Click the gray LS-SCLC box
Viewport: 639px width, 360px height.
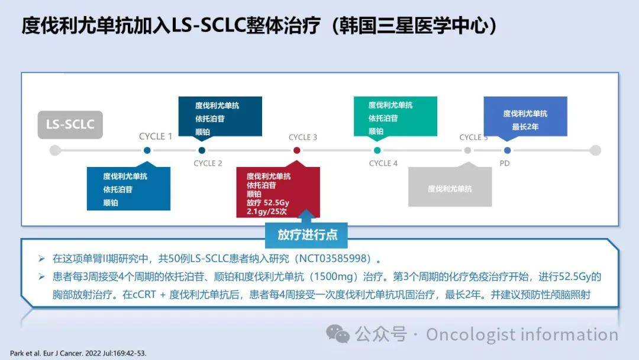tap(70, 125)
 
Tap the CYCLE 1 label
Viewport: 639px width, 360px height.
tap(155, 137)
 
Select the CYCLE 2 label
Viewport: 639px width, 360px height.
tap(208, 163)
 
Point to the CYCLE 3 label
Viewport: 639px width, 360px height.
tap(303, 137)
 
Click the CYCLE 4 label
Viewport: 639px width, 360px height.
tap(383, 163)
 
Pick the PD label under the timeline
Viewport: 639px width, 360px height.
tap(505, 163)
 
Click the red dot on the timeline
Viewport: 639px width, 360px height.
tap(296, 150)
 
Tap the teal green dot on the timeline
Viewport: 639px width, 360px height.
tap(377, 150)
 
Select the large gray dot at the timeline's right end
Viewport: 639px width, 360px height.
tap(595, 150)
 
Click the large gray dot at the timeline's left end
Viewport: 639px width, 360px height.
tap(55, 150)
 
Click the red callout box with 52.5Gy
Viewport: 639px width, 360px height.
tap(278, 192)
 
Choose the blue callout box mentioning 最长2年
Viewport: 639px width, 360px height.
tap(525, 117)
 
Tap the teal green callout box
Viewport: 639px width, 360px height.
tap(395, 117)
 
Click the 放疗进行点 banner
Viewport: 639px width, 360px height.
tap(306, 235)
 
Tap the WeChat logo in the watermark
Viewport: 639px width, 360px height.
tap(338, 334)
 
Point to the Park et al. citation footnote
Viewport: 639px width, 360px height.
tap(78, 353)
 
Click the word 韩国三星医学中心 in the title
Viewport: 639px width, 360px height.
tap(414, 25)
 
